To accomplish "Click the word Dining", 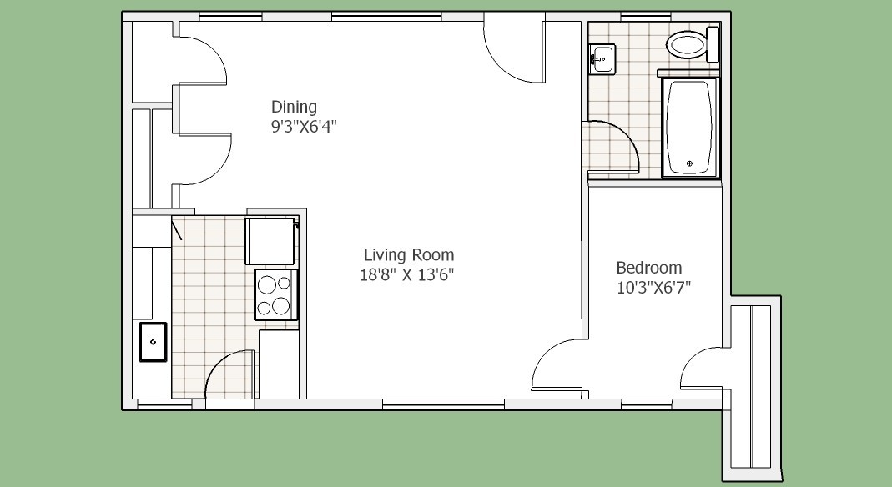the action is [x=294, y=107].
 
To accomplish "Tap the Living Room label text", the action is [x=409, y=254].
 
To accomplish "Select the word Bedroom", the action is [x=649, y=268].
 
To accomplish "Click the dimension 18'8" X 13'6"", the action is [x=406, y=275].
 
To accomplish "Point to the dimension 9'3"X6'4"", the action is [x=304, y=126].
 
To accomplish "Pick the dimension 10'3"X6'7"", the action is [x=653, y=288].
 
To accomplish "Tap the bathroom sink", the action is [x=602, y=58].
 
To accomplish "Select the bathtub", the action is [x=690, y=128].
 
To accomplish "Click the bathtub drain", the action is [x=690, y=163].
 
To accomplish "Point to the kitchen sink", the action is [x=153, y=342].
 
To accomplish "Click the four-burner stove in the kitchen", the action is [x=276, y=294].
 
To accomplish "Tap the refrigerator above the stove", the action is [x=272, y=240].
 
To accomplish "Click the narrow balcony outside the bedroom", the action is [x=752, y=387].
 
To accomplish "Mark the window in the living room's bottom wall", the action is [x=443, y=404].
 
